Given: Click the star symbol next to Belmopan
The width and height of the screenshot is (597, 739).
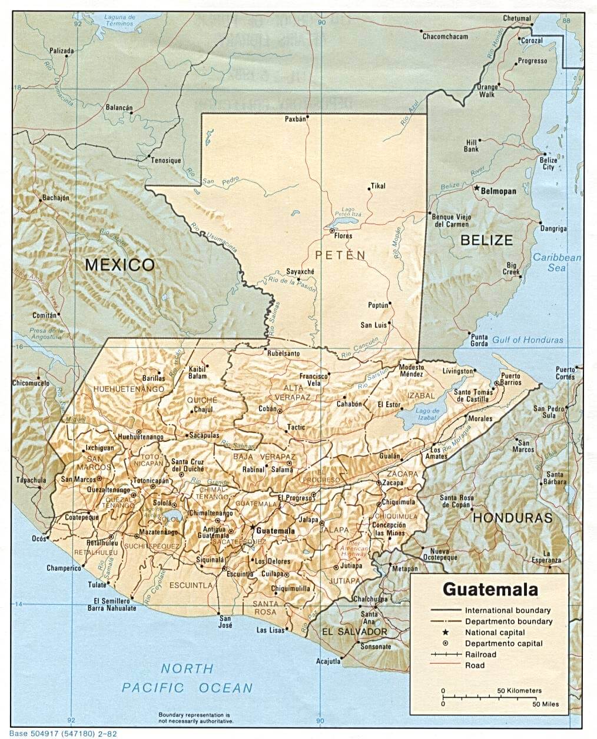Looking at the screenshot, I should point(476,188).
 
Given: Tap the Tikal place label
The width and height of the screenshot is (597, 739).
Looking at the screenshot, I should point(377,186).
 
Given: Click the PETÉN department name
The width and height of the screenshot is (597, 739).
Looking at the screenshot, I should point(340,255).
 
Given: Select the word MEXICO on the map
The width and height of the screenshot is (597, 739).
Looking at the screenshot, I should point(120,264).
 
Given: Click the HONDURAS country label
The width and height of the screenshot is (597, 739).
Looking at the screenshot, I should point(513,518).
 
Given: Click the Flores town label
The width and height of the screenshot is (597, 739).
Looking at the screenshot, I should point(343,236).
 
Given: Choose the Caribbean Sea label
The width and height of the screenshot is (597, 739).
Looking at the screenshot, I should point(557,262).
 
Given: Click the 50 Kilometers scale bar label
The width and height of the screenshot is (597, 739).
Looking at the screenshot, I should point(519,690).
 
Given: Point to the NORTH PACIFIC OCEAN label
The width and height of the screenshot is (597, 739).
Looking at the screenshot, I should point(187,678).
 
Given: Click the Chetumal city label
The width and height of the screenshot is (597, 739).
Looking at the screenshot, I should point(516,18).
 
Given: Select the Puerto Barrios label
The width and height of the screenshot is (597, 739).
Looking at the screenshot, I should point(510,378).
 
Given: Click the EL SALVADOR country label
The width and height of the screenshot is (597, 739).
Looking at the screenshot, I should point(354,632).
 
